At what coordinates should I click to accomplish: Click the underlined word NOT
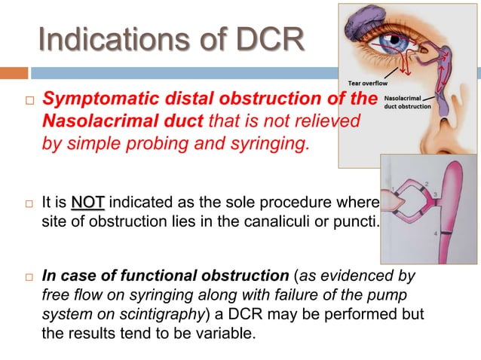[87, 202]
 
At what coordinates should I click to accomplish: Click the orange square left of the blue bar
[14, 73]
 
